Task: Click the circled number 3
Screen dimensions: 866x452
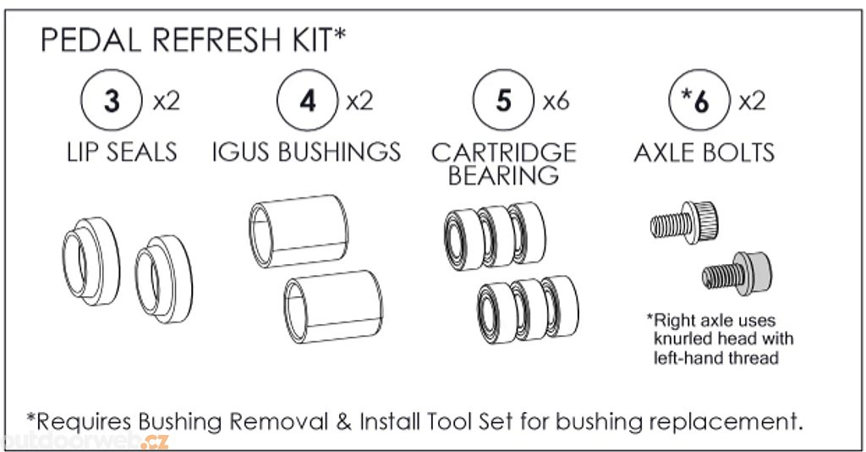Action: (x=112, y=100)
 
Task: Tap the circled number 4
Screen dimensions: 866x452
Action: (x=308, y=100)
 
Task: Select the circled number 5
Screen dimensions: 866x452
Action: (x=503, y=100)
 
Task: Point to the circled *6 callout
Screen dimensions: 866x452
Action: (x=699, y=100)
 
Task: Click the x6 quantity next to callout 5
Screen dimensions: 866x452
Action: (x=556, y=101)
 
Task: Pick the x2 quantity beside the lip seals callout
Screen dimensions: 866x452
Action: (x=167, y=101)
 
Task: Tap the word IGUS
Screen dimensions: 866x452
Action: (x=242, y=152)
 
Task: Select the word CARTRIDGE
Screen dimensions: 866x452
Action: (x=504, y=152)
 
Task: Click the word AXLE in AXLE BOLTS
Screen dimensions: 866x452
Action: (x=666, y=152)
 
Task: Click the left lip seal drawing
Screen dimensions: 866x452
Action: (x=90, y=261)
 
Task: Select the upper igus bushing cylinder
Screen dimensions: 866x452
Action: (x=299, y=230)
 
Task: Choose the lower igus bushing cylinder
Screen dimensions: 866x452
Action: (x=333, y=306)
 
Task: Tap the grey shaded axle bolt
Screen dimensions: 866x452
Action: (x=737, y=273)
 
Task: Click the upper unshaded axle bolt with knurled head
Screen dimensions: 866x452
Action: (x=684, y=222)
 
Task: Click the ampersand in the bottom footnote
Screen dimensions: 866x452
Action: (x=344, y=422)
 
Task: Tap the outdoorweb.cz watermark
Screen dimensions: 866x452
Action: (x=85, y=440)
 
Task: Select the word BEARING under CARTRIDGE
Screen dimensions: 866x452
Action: (x=503, y=176)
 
